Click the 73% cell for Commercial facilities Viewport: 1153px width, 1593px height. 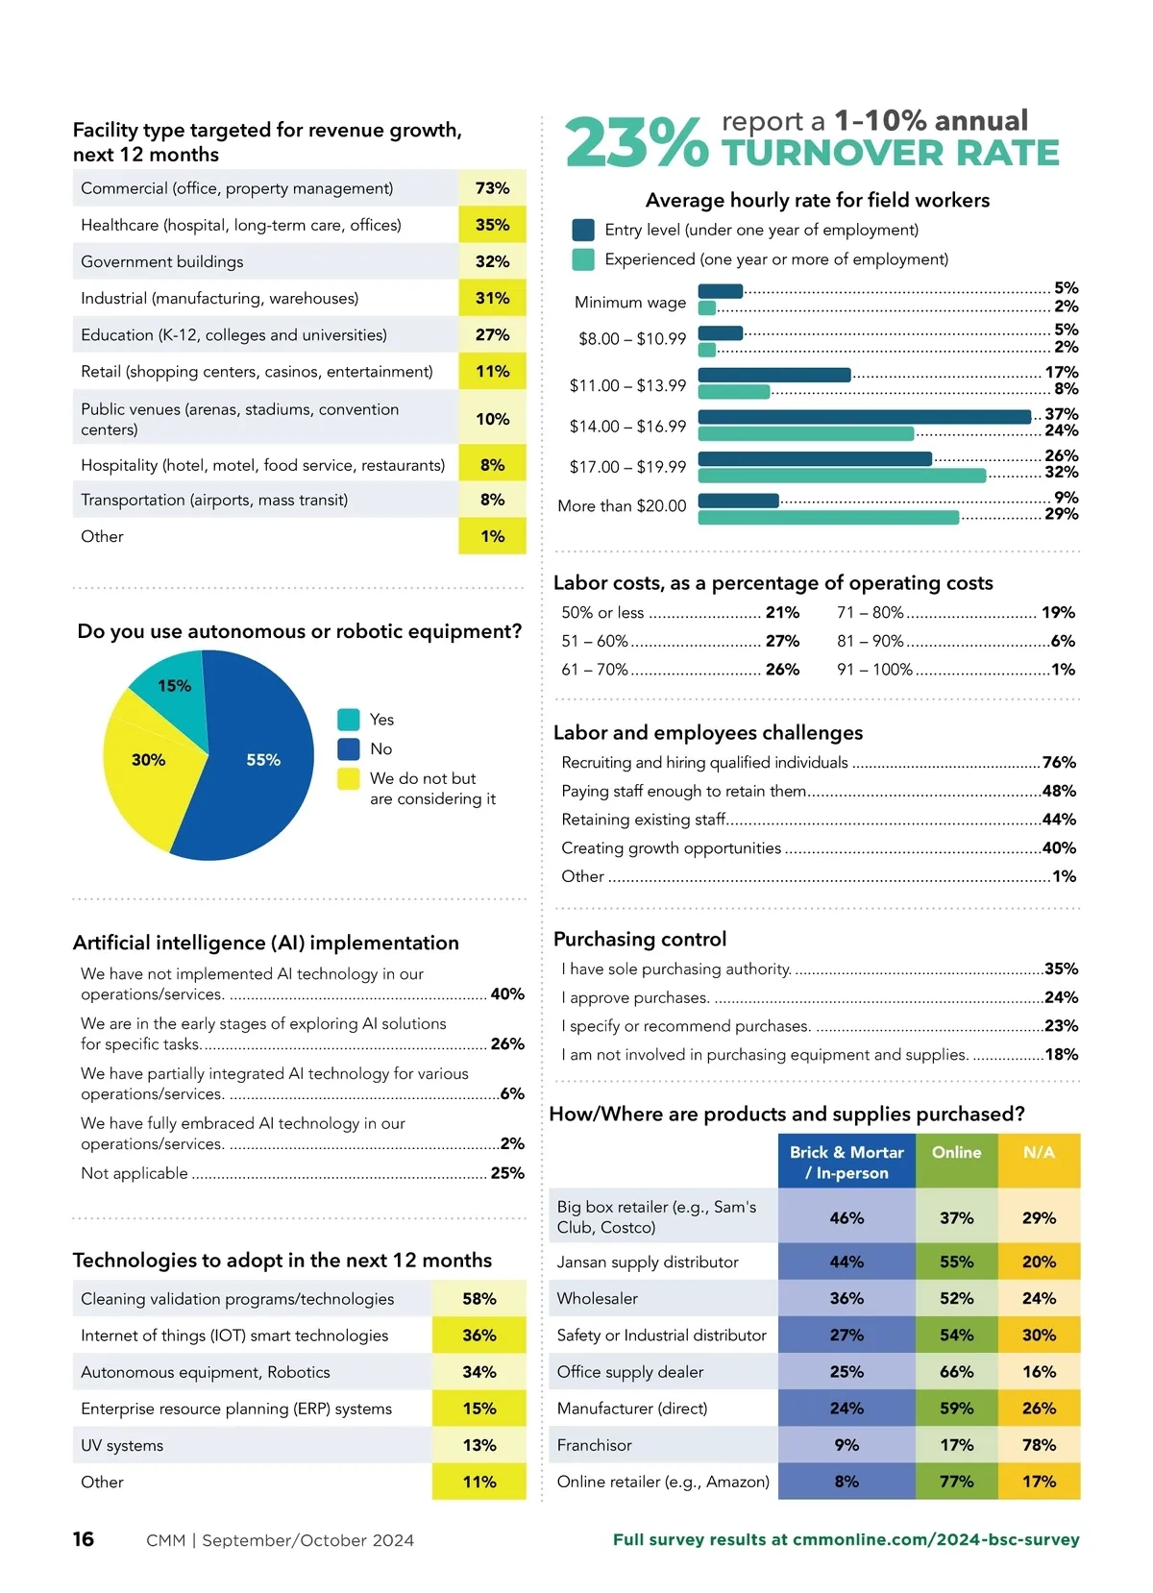[492, 188]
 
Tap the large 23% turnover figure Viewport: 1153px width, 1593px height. [636, 143]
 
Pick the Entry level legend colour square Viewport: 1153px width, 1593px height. [582, 231]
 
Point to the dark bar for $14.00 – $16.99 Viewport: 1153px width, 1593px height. [864, 417]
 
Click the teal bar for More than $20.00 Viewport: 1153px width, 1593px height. [828, 518]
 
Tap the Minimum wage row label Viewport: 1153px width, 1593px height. [630, 303]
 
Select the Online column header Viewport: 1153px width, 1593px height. [956, 1153]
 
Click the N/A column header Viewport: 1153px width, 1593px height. [1039, 1153]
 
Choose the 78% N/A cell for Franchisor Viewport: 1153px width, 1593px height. [1039, 1445]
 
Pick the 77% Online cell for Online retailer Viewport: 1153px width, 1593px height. [956, 1482]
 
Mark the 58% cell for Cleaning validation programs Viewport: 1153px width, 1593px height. [478, 1299]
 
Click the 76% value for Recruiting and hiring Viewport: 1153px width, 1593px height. [1059, 763]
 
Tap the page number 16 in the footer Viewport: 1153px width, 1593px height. [84, 1539]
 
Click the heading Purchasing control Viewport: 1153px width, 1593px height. [640, 940]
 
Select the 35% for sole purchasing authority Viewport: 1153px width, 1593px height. [1061, 969]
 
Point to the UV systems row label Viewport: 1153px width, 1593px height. [122, 1445]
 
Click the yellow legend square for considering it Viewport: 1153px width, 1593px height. [349, 778]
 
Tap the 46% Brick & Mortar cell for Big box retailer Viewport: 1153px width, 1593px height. [846, 1218]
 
